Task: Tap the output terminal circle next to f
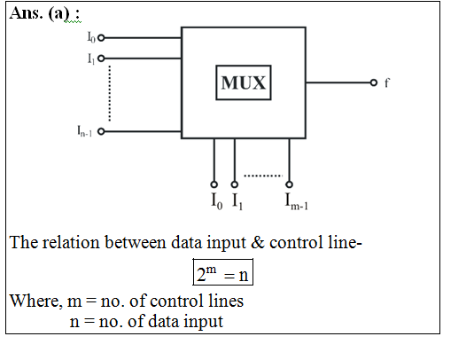[x=374, y=82]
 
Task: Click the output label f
[x=387, y=82]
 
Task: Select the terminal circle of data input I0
[x=101, y=38]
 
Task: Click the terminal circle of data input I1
[x=101, y=59]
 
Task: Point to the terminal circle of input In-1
[x=101, y=131]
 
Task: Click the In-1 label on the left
[x=85, y=131]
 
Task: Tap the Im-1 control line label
[x=297, y=201]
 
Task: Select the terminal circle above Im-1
[x=290, y=184]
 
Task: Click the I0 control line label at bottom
[x=217, y=201]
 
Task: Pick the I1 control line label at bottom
[x=237, y=201]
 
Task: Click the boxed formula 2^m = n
[x=223, y=272]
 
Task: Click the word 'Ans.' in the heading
[x=27, y=13]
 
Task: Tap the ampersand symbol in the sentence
[x=258, y=242]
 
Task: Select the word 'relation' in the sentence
[x=71, y=242]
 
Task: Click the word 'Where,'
[x=36, y=301]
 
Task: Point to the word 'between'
[x=136, y=242]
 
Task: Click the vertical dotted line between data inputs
[x=110, y=93]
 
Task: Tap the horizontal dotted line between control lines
[x=263, y=176]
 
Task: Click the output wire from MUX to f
[x=338, y=82]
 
